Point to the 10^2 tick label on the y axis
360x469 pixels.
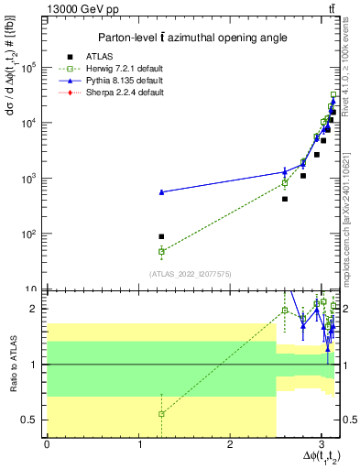pyautogui.click(x=30, y=234)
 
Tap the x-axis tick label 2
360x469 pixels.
pyautogui.click(x=230, y=445)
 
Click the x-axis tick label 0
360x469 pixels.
pyautogui.click(x=47, y=445)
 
